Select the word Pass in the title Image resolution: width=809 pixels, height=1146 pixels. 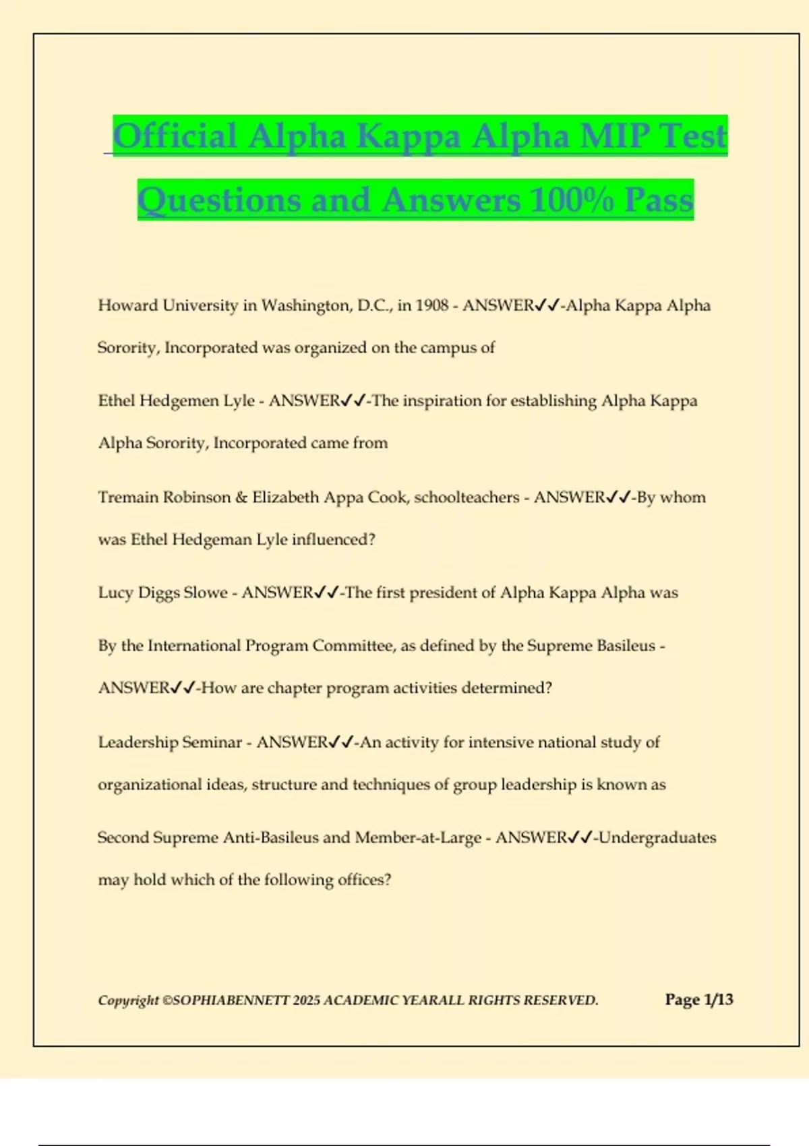659,200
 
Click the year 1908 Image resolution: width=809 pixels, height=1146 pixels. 431,305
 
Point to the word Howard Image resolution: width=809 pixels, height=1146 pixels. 128,305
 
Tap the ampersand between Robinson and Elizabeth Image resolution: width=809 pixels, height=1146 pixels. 241,497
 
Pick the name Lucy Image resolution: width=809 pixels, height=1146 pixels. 115,593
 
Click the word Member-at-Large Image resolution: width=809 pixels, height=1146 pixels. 418,838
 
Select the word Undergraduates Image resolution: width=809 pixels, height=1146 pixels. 657,838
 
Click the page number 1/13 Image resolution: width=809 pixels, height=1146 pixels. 718,1000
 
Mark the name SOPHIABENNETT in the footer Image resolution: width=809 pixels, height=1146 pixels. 231,1000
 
